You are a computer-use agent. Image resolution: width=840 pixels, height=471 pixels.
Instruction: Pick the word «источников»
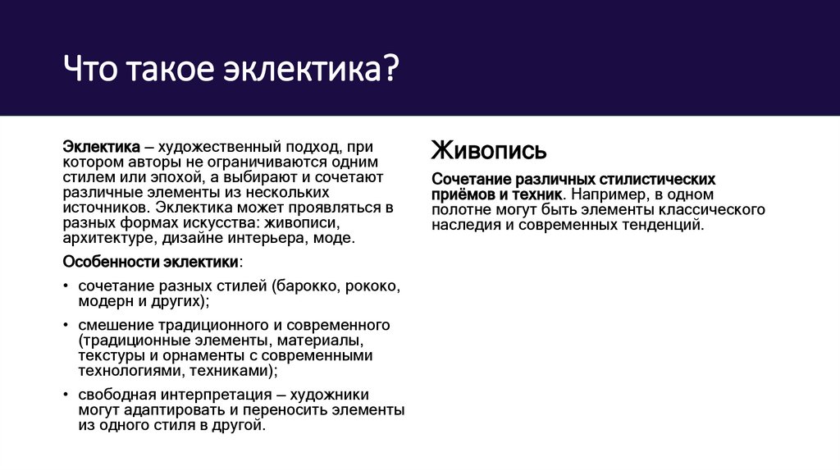click(105, 208)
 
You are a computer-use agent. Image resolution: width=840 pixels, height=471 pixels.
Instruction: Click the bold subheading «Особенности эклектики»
click(151, 261)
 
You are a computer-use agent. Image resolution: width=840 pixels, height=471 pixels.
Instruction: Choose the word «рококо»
click(373, 286)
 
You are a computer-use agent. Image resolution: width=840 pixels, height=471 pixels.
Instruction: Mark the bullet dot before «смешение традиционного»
click(66, 326)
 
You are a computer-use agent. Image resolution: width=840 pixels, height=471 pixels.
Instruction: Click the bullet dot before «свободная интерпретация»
click(66, 396)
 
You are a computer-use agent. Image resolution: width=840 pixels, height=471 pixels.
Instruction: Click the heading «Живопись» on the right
click(489, 151)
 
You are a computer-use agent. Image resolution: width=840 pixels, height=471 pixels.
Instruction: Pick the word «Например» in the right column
click(604, 194)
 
